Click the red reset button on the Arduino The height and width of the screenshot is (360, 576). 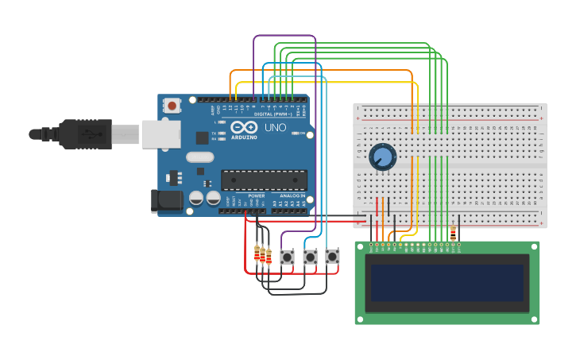tap(172, 105)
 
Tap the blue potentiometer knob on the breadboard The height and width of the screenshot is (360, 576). tap(382, 156)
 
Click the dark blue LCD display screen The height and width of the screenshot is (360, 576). tap(446, 283)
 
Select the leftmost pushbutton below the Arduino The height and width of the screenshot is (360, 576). tap(287, 257)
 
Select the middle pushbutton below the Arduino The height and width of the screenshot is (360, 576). tap(310, 257)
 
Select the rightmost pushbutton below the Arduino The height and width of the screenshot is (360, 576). tap(332, 257)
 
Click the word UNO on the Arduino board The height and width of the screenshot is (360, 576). tap(275, 127)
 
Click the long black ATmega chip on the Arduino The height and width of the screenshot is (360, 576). tap(263, 180)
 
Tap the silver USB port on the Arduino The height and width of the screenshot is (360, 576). tap(162, 134)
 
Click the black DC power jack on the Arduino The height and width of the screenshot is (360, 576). tap(166, 201)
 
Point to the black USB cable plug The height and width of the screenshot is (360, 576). tap(85, 134)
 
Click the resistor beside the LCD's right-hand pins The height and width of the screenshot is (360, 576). tap(453, 233)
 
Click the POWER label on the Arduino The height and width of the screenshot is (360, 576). tap(256, 195)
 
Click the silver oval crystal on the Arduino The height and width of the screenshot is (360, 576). tap(200, 157)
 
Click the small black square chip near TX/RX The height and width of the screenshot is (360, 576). tap(202, 137)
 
